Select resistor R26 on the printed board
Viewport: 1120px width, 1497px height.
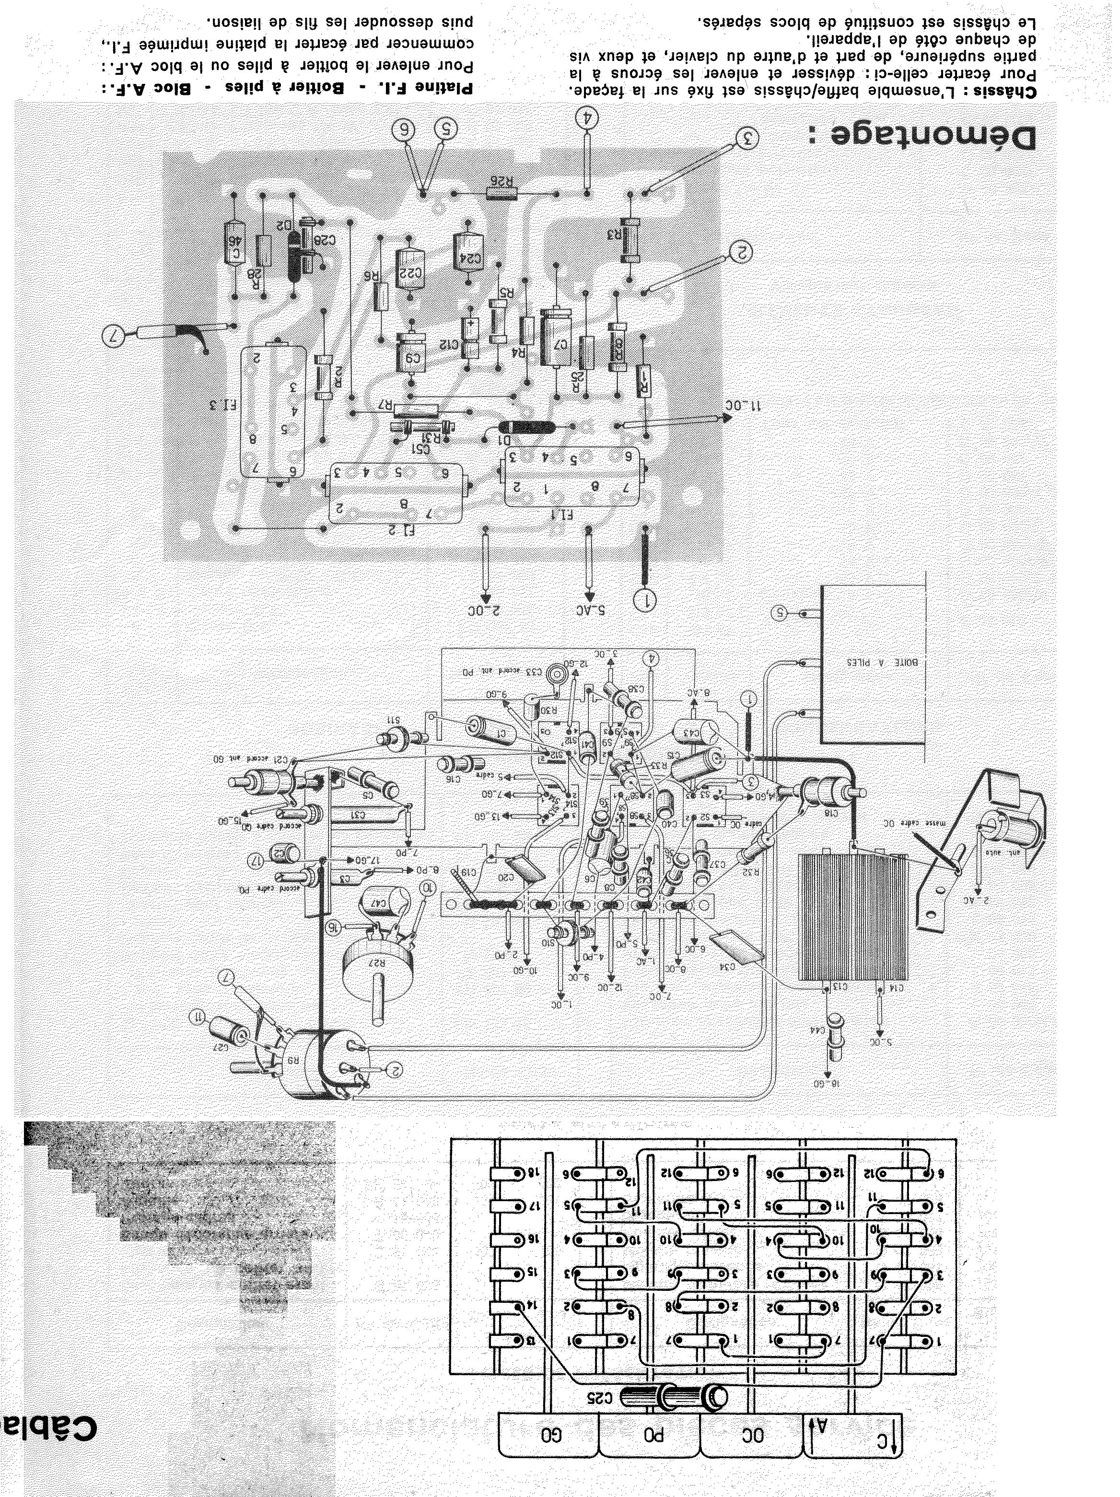coord(502,194)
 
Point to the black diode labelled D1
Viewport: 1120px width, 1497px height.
coord(526,427)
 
